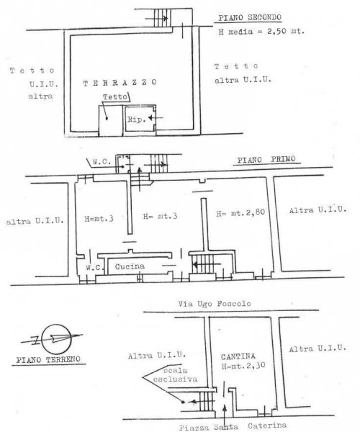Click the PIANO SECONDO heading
[250, 17]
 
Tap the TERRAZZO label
[120, 83]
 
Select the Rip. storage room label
[136, 120]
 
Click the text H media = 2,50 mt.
[261, 32]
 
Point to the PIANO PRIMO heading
[266, 160]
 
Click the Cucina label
[130, 266]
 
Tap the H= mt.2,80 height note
[240, 212]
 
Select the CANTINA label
[238, 356]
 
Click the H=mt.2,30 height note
[243, 366]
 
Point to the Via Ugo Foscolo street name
[215, 304]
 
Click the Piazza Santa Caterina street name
[233, 426]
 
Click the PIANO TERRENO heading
[48, 359]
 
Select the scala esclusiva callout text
[175, 374]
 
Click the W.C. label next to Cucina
[94, 267]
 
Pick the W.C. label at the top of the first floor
[102, 162]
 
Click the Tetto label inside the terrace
[115, 96]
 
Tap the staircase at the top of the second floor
[162, 18]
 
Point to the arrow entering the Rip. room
[156, 118]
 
